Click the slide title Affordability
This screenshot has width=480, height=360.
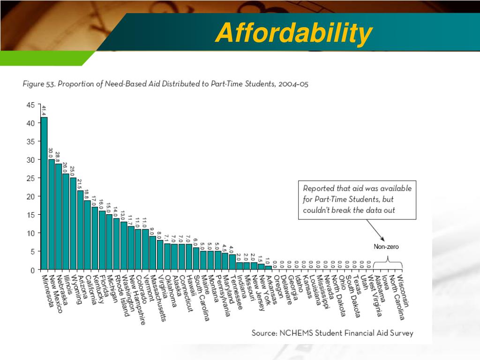pos(294,33)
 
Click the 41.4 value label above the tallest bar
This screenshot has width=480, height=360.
pos(44,111)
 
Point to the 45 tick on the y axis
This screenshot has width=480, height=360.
pos(30,105)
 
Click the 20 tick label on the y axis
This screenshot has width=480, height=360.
pos(30,196)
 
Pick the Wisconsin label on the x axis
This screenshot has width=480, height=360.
pos(405,291)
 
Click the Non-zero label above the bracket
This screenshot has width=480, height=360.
pos(386,247)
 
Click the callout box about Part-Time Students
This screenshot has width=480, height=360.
pos(357,199)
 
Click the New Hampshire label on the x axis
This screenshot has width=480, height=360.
pos(136,300)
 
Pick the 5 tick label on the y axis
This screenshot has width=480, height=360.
pos(32,251)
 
